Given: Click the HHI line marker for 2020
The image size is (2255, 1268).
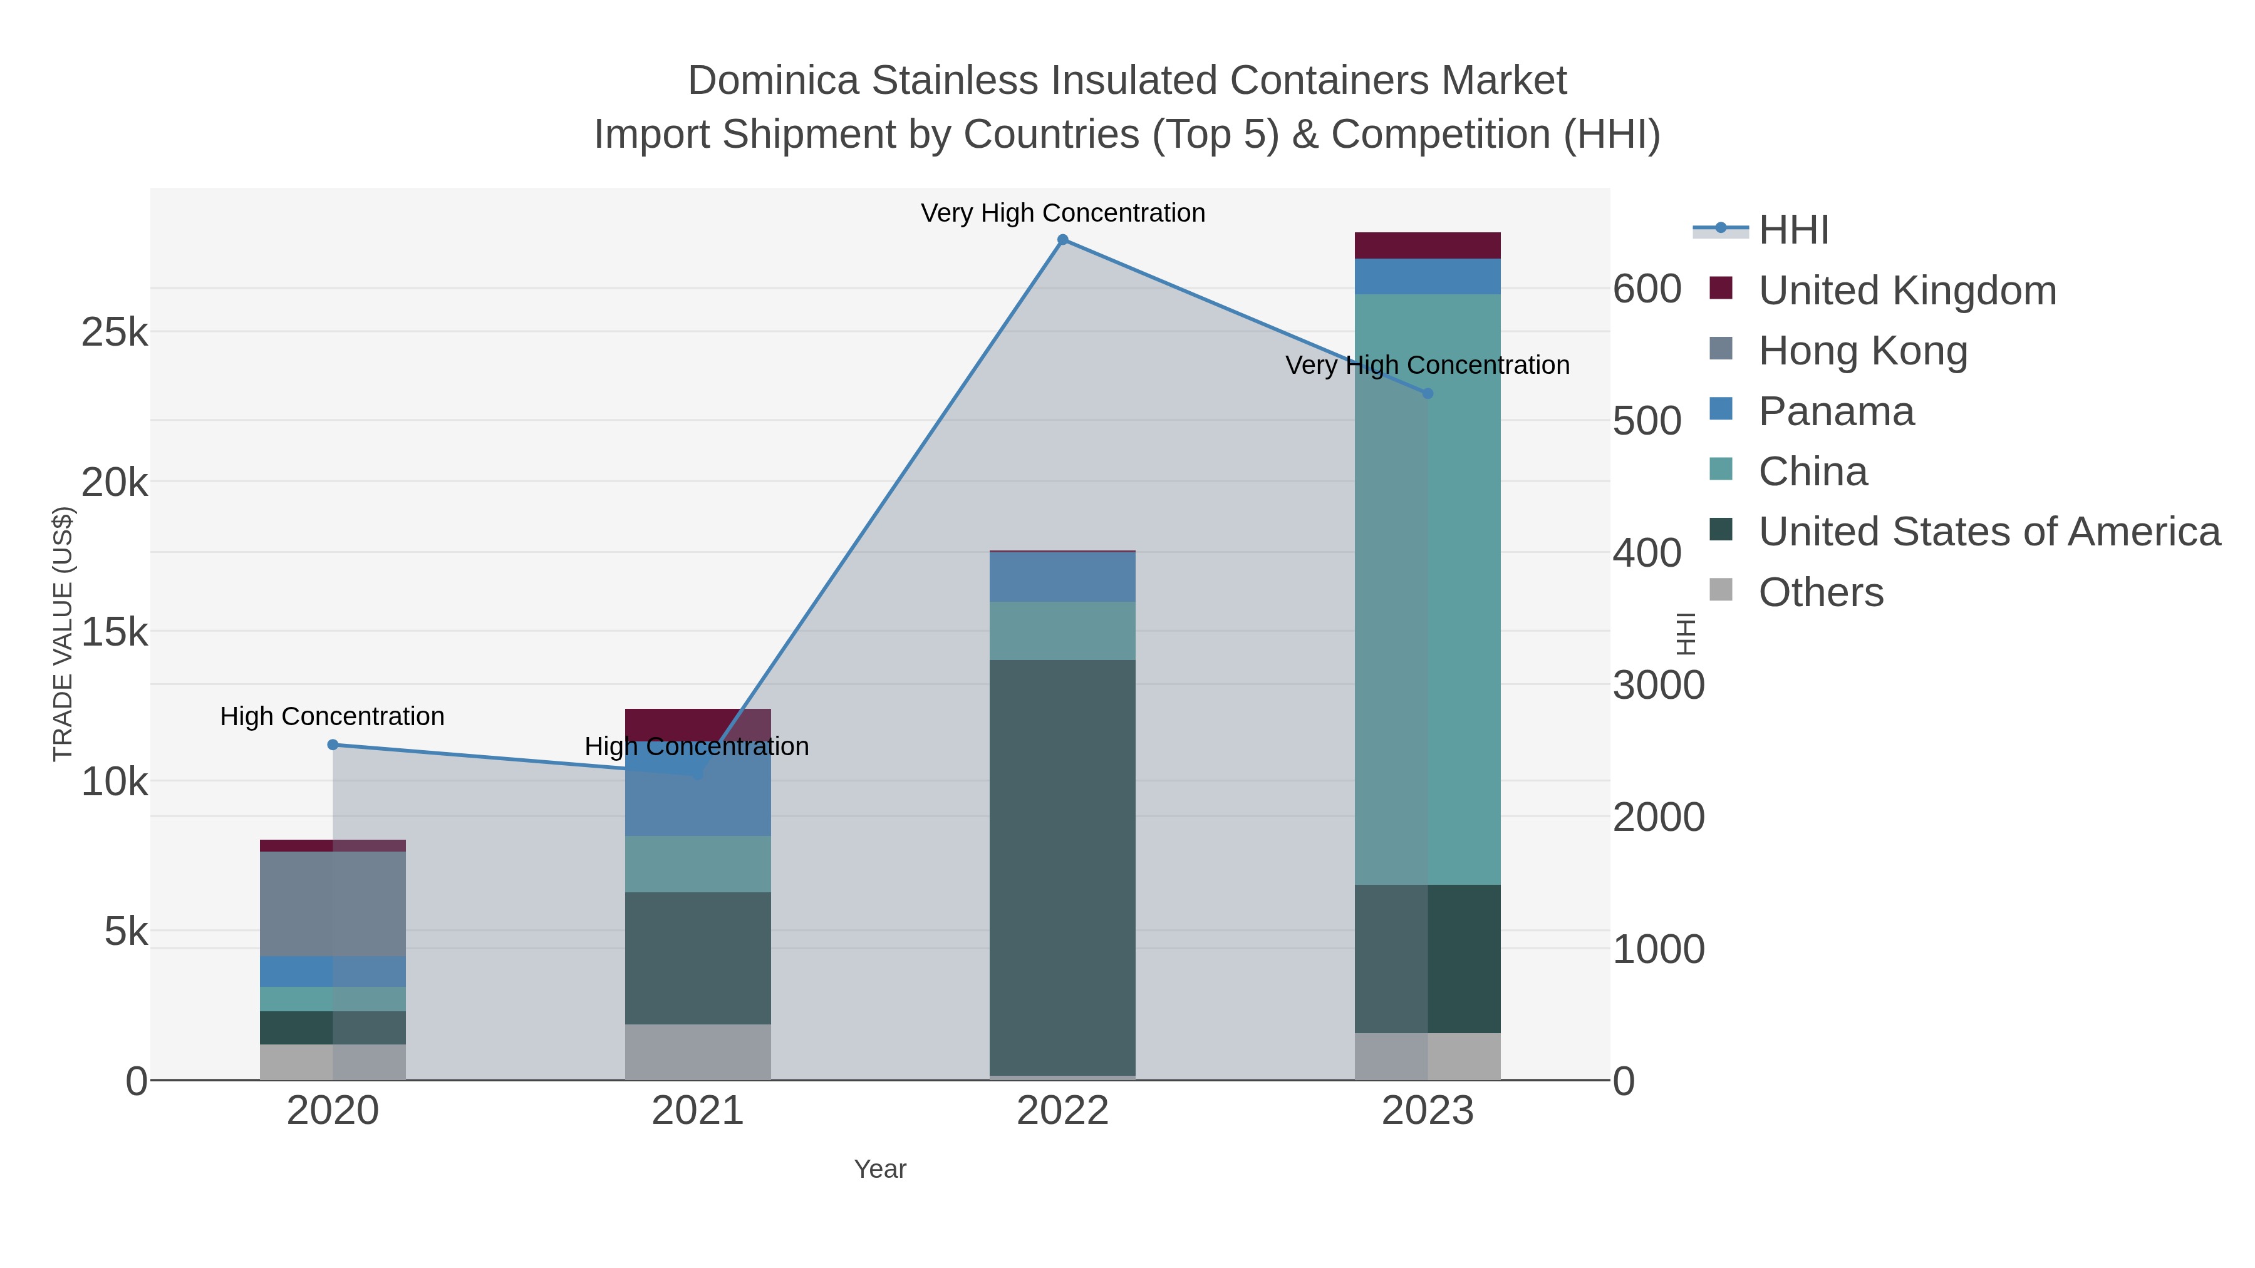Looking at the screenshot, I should (x=333, y=745).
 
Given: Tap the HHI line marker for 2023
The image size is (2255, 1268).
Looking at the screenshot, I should (x=1428, y=394).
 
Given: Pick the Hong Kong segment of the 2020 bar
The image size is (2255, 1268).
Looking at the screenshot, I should (x=333, y=903).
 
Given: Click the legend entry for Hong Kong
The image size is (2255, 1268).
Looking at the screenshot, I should (x=1862, y=351).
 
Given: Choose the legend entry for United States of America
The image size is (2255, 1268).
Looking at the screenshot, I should (x=1988, y=532).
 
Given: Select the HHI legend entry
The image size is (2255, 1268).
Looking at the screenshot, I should (x=1793, y=230).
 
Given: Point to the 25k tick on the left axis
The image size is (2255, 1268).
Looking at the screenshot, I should (x=115, y=332).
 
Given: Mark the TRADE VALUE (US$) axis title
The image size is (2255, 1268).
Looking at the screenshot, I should (x=63, y=634).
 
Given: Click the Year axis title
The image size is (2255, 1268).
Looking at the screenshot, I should (x=880, y=1169).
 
